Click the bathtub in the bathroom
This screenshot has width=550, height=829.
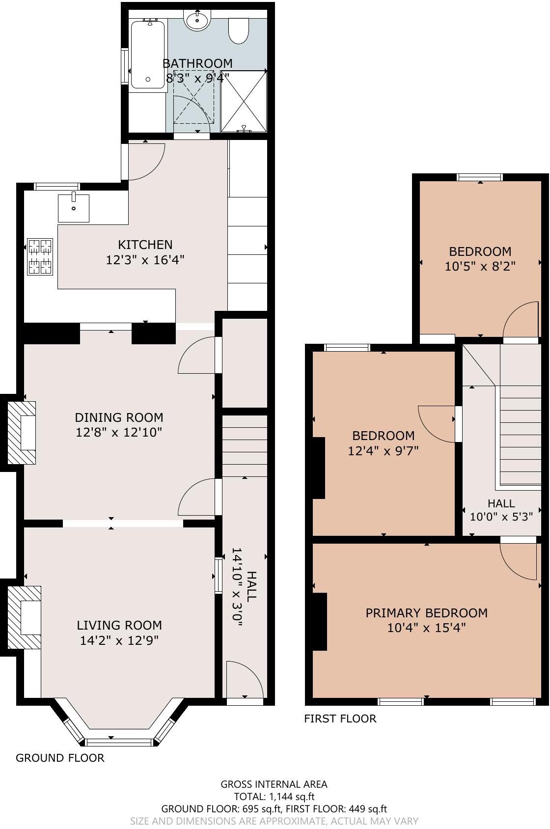pyautogui.click(x=148, y=54)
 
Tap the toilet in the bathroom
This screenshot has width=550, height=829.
pyautogui.click(x=239, y=31)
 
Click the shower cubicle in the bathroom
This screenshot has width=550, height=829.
pyautogui.click(x=244, y=101)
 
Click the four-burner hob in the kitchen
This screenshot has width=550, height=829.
pyautogui.click(x=40, y=256)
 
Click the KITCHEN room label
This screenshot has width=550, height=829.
pyautogui.click(x=145, y=245)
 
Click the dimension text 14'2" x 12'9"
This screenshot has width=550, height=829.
pyautogui.click(x=119, y=640)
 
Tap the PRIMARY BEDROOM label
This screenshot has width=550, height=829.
pyautogui.click(x=426, y=613)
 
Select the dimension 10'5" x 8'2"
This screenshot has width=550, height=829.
pyautogui.click(x=480, y=267)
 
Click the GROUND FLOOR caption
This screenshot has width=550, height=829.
pyautogui.click(x=60, y=758)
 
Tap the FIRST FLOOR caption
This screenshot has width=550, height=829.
pyautogui.click(x=340, y=719)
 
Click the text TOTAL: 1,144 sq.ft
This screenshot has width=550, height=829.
pyautogui.click(x=274, y=797)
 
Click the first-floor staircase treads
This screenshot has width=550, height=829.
pyautogui.click(x=521, y=432)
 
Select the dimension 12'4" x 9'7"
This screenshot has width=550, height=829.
pyautogui.click(x=383, y=451)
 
